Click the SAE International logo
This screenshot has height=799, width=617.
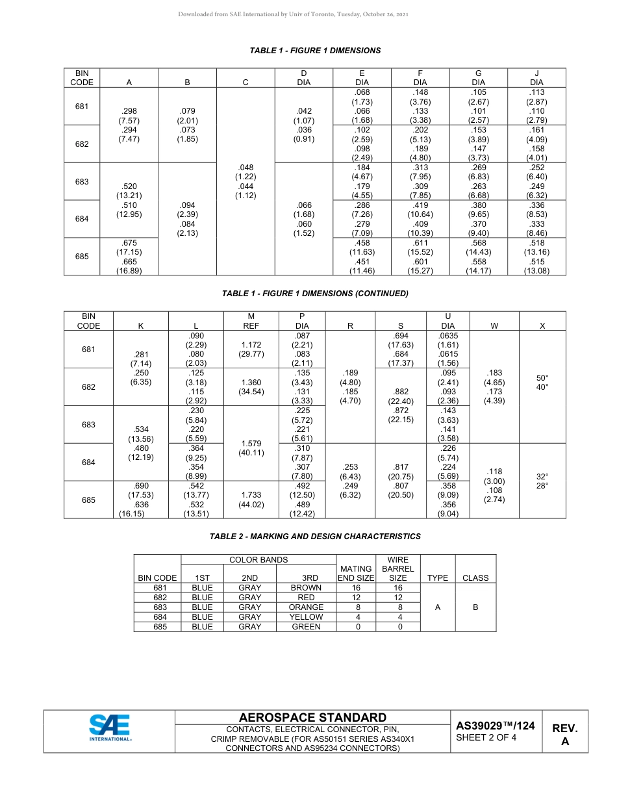pyautogui.click(x=110, y=728)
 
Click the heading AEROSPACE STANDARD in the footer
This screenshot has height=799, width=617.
pyautogui.click(x=312, y=717)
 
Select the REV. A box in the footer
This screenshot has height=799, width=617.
pyautogui.click(x=564, y=735)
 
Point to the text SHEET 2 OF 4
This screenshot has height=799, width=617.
pyautogui.click(x=486, y=737)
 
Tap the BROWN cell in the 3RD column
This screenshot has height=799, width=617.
pyautogui.click(x=306, y=588)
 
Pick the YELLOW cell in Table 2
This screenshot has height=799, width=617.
pyautogui.click(x=306, y=617)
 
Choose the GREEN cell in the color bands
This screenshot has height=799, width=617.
pyautogui.click(x=306, y=627)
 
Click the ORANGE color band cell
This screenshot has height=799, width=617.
pyautogui.click(x=306, y=607)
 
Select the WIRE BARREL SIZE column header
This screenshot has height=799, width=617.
pyautogui.click(x=397, y=568)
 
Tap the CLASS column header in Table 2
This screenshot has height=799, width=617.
pyautogui.click(x=475, y=577)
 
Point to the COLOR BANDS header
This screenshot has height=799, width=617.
pyautogui.click(x=258, y=559)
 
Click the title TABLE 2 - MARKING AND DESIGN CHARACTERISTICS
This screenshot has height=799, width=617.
pyautogui.click(x=315, y=537)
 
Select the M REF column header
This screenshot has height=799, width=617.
pyautogui.click(x=251, y=321)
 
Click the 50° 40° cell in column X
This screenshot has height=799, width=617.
pyautogui.click(x=542, y=382)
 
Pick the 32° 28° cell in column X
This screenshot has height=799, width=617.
pyautogui.click(x=542, y=481)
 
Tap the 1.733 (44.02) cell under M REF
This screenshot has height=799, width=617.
pyautogui.click(x=251, y=500)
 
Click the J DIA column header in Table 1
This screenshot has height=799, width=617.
pyautogui.click(x=536, y=78)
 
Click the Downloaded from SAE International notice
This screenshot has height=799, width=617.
pyautogui.click(x=293, y=14)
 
